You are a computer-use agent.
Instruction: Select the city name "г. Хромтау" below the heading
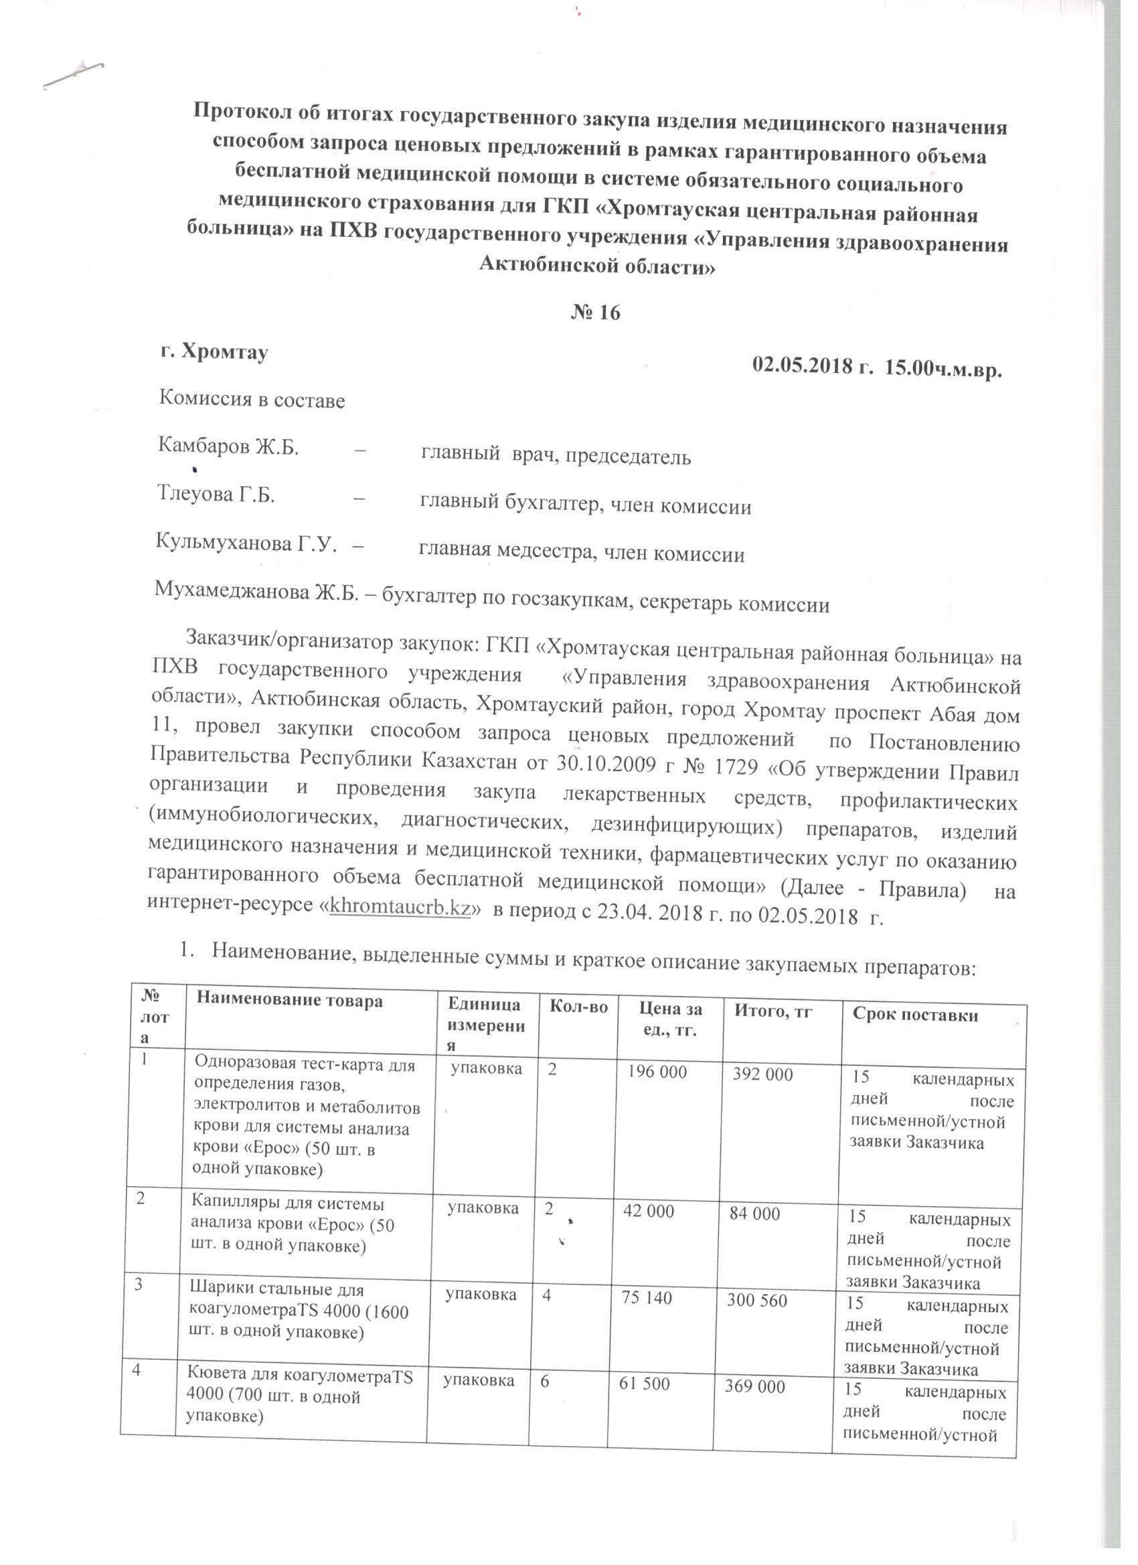point(214,352)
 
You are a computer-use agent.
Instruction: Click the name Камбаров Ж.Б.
point(228,447)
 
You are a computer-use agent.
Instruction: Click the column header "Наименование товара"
point(287,1001)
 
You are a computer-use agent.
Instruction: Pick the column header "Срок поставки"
point(915,1013)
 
